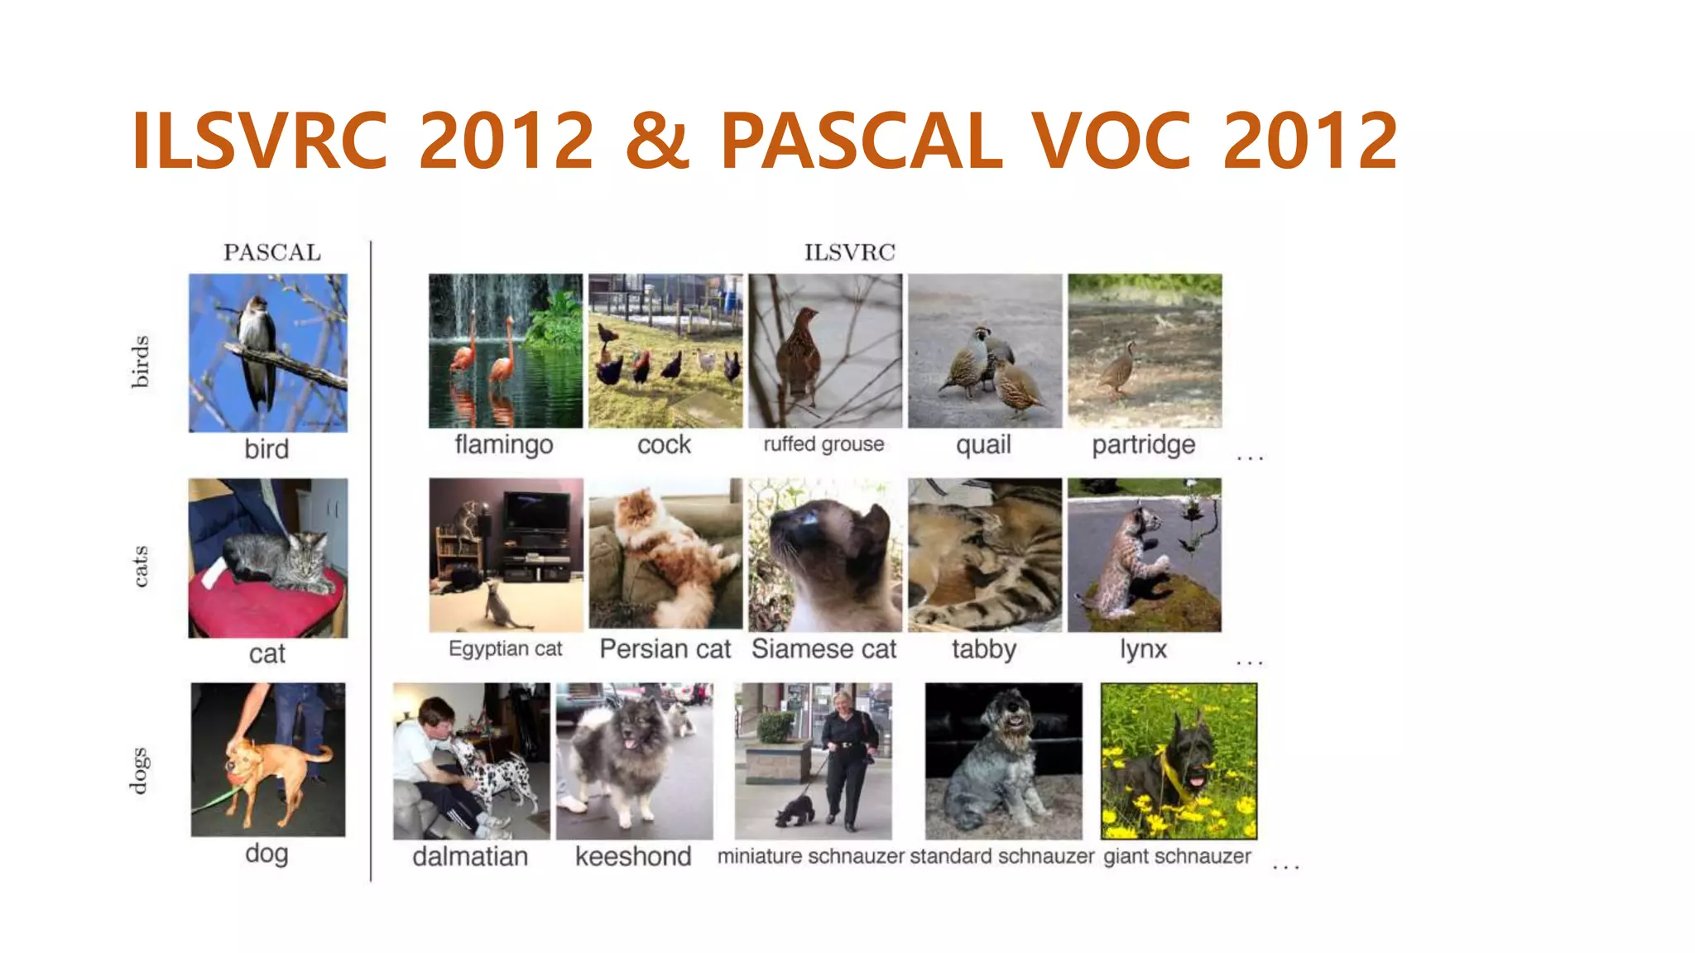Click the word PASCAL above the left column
271,252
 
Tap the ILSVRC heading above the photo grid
849,252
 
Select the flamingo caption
503,445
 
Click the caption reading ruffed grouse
823,444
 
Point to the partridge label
1143,445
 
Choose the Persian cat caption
665,649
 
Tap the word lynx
1143,649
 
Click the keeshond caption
633,856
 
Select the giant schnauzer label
1177,856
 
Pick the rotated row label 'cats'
141,566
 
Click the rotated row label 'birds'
141,362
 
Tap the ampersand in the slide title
657,141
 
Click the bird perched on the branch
257,347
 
